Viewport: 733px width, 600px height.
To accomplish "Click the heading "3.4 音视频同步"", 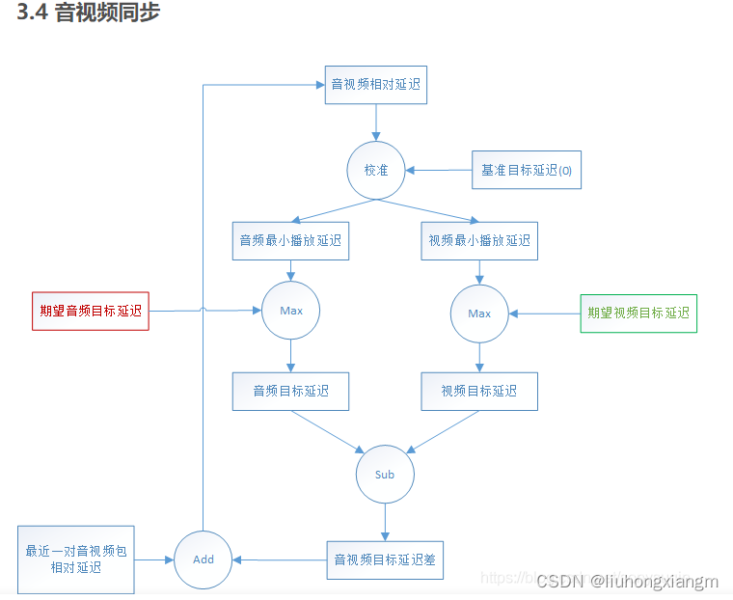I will (89, 14).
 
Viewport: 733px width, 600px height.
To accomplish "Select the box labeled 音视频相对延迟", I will (375, 84).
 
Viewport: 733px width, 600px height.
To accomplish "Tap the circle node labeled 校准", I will (375, 170).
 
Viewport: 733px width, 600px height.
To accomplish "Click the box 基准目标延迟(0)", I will (527, 170).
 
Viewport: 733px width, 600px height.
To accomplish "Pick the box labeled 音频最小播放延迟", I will (290, 240).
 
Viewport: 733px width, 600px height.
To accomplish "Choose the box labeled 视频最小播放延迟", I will (479, 240).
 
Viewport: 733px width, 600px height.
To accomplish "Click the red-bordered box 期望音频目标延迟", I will (91, 311).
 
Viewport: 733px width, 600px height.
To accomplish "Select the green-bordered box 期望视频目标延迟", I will (638, 313).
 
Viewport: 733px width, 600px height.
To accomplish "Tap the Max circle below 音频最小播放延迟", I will (290, 311).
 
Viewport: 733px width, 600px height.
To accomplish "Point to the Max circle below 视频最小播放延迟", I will (479, 314).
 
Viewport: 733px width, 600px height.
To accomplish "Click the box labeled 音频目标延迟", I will (290, 391).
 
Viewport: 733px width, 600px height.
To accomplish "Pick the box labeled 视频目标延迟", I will (479, 391).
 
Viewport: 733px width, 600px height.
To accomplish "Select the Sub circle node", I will (385, 475).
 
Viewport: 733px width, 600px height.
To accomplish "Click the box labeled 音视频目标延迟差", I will (385, 559).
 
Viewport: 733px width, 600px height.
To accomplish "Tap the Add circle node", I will (203, 559).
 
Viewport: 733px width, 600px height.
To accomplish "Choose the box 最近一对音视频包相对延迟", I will (75, 559).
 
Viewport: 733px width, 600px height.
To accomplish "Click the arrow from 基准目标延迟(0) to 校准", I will (438, 171).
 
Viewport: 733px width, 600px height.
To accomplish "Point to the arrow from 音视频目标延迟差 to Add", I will (280, 559).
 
